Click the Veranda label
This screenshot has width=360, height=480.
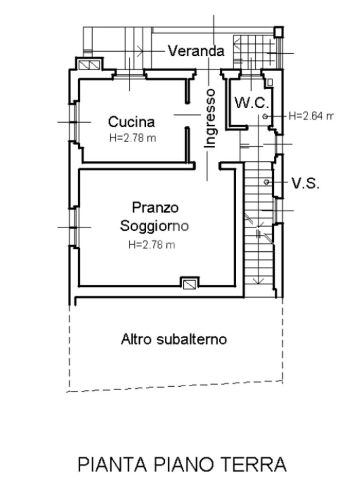tap(196, 51)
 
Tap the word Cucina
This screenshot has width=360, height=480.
tap(131, 122)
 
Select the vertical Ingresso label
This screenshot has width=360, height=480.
tap(211, 118)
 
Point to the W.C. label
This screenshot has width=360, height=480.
tap(252, 103)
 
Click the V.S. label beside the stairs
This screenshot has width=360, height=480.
tap(306, 183)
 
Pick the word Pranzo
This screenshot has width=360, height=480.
tap(155, 207)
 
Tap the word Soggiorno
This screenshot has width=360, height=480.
tap(154, 225)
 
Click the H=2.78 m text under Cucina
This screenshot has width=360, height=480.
tap(133, 138)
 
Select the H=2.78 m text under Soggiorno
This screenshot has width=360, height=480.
tap(151, 244)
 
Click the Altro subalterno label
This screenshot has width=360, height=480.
tap(174, 339)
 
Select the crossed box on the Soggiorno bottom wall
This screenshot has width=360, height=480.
tap(190, 283)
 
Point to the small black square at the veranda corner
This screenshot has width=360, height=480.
tap(278, 31)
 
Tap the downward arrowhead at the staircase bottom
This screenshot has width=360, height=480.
tap(258, 280)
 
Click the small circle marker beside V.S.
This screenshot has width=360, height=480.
tap(267, 182)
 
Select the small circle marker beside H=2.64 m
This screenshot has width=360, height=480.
tap(265, 116)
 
